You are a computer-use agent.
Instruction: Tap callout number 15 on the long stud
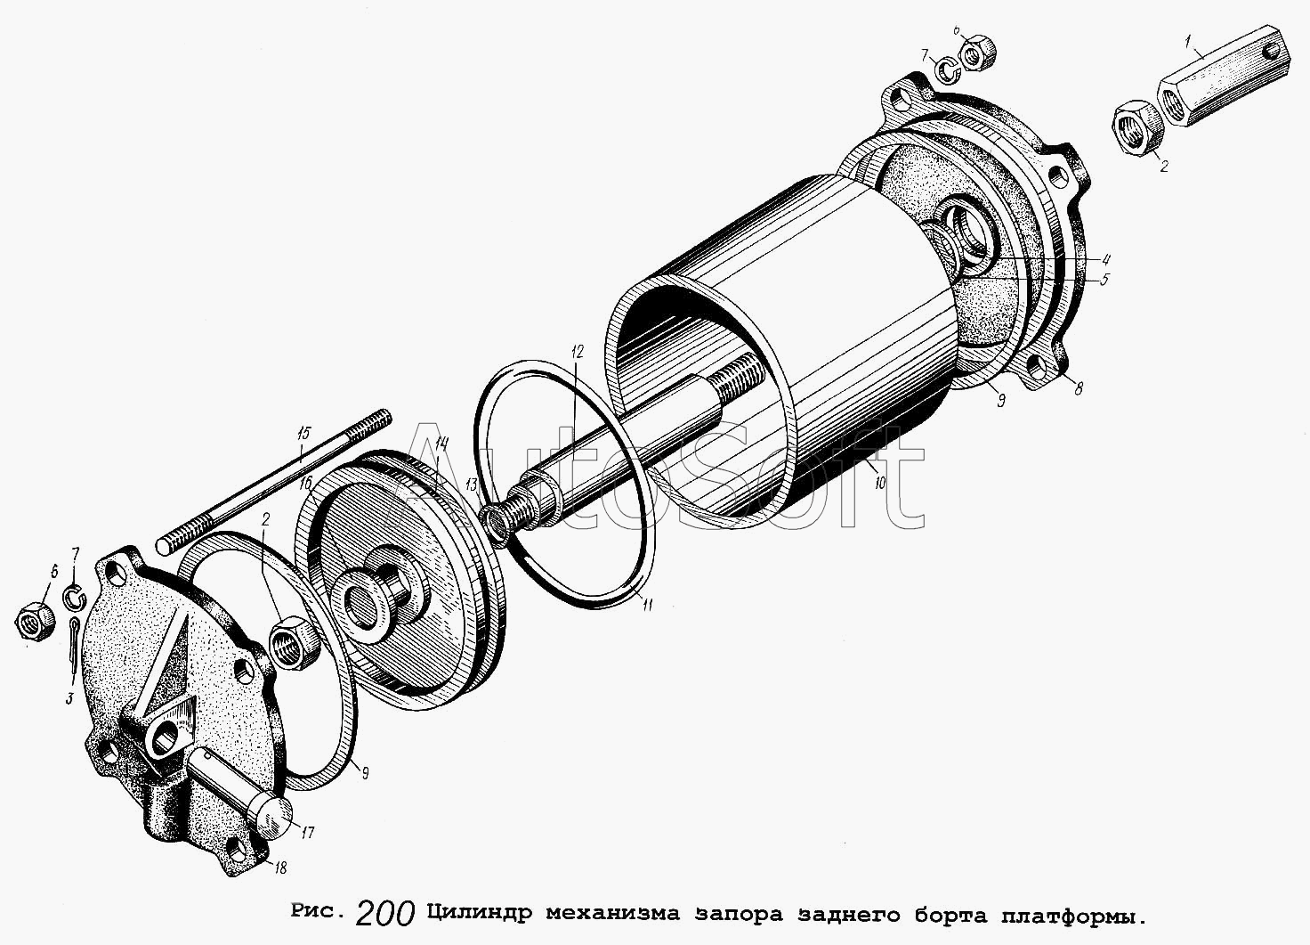click(x=303, y=434)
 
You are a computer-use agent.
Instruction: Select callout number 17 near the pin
click(x=308, y=832)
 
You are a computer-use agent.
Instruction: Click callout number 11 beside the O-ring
click(x=647, y=605)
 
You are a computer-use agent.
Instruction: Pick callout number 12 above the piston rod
click(x=578, y=352)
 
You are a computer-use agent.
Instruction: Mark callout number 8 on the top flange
click(x=1079, y=388)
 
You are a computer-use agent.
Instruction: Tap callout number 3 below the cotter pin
click(x=69, y=698)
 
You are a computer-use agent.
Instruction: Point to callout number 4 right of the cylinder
click(x=1105, y=260)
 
